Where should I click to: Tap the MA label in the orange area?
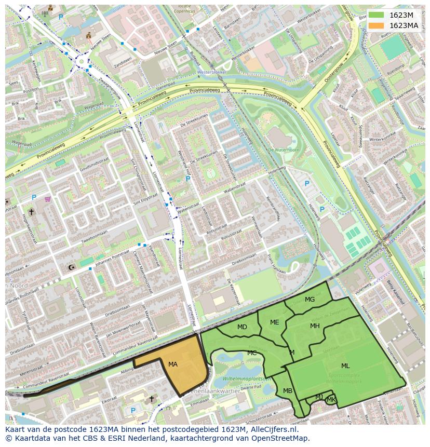click(173, 364)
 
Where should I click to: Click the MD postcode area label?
click(242, 327)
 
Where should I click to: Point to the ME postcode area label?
click(275, 322)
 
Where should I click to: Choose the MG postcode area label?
click(310, 300)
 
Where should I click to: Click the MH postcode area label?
click(315, 326)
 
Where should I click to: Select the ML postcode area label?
click(345, 366)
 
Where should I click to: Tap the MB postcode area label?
click(288, 391)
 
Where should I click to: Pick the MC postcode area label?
click(252, 353)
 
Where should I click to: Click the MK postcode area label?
click(331, 399)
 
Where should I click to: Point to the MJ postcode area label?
click(319, 397)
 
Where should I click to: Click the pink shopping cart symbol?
click(48, 198)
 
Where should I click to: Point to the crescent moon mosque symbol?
click(71, 267)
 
